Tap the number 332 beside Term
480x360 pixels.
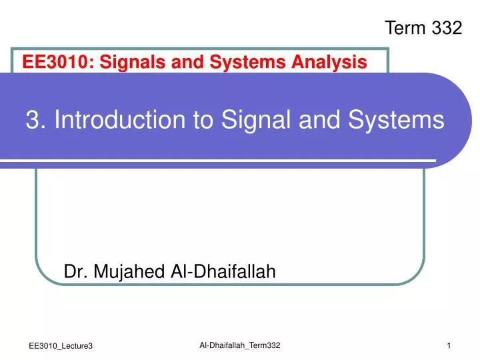coord(447,27)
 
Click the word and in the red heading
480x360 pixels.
coord(190,63)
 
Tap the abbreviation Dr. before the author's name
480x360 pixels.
coord(76,271)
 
